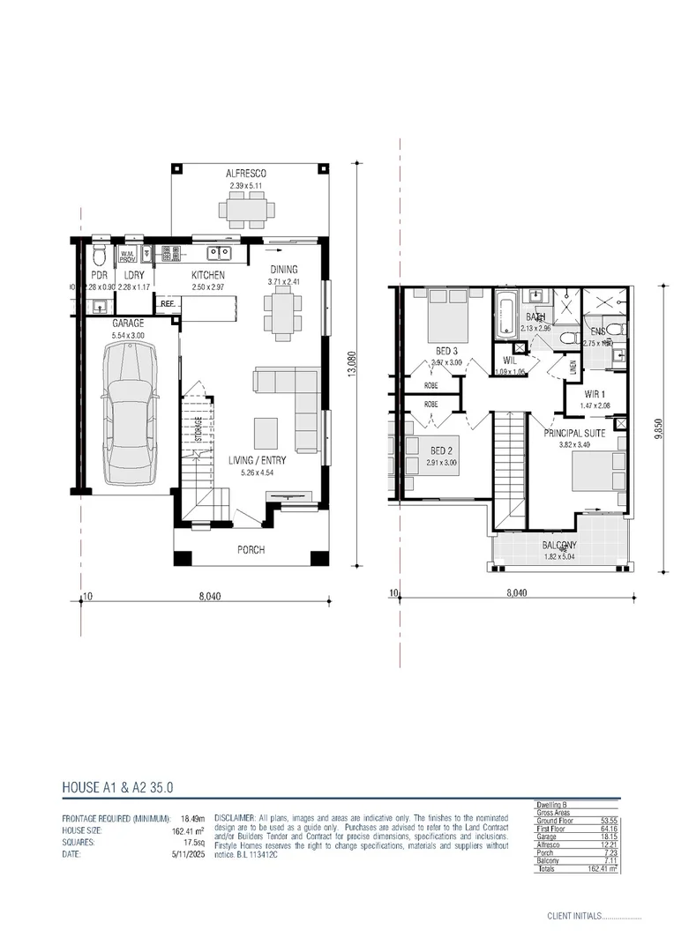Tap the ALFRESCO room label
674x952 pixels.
pos(247,175)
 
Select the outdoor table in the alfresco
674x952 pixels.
pos(247,211)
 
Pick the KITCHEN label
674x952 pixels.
pos(208,275)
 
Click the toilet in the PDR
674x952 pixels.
pos(99,257)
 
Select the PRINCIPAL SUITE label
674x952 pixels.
pos(574,433)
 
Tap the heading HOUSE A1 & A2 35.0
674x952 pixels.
pos(123,785)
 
